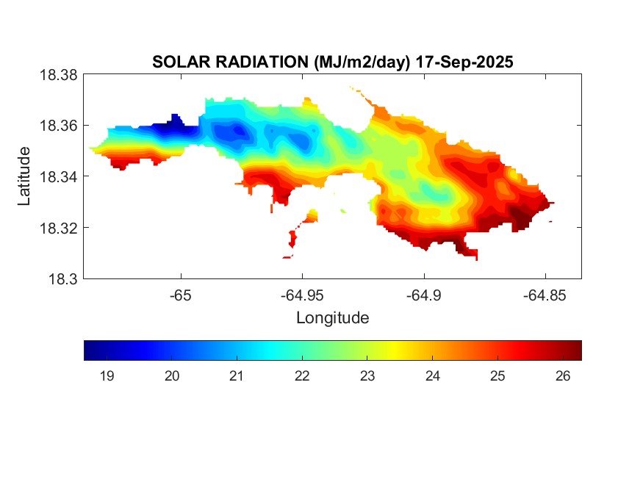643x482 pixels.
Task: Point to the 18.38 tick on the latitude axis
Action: (58, 75)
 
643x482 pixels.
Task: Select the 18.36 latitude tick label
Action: (58, 126)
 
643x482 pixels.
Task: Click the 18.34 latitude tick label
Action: (58, 177)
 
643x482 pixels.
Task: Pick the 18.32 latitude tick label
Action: (58, 228)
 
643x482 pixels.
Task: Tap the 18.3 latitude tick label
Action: (62, 279)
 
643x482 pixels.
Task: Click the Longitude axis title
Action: (332, 318)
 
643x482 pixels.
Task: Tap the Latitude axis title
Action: (25, 176)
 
